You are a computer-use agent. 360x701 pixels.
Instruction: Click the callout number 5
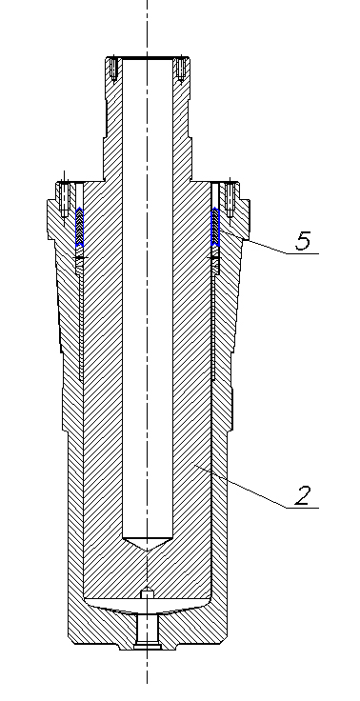303,241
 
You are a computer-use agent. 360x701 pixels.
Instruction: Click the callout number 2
303,495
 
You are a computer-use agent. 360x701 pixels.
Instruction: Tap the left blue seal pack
79,227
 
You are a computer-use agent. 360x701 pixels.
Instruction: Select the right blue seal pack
215,227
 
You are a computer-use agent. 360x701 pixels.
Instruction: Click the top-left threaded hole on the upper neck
113,70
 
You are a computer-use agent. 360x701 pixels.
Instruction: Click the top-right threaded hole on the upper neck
181,70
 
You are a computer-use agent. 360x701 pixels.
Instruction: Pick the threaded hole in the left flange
64,198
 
